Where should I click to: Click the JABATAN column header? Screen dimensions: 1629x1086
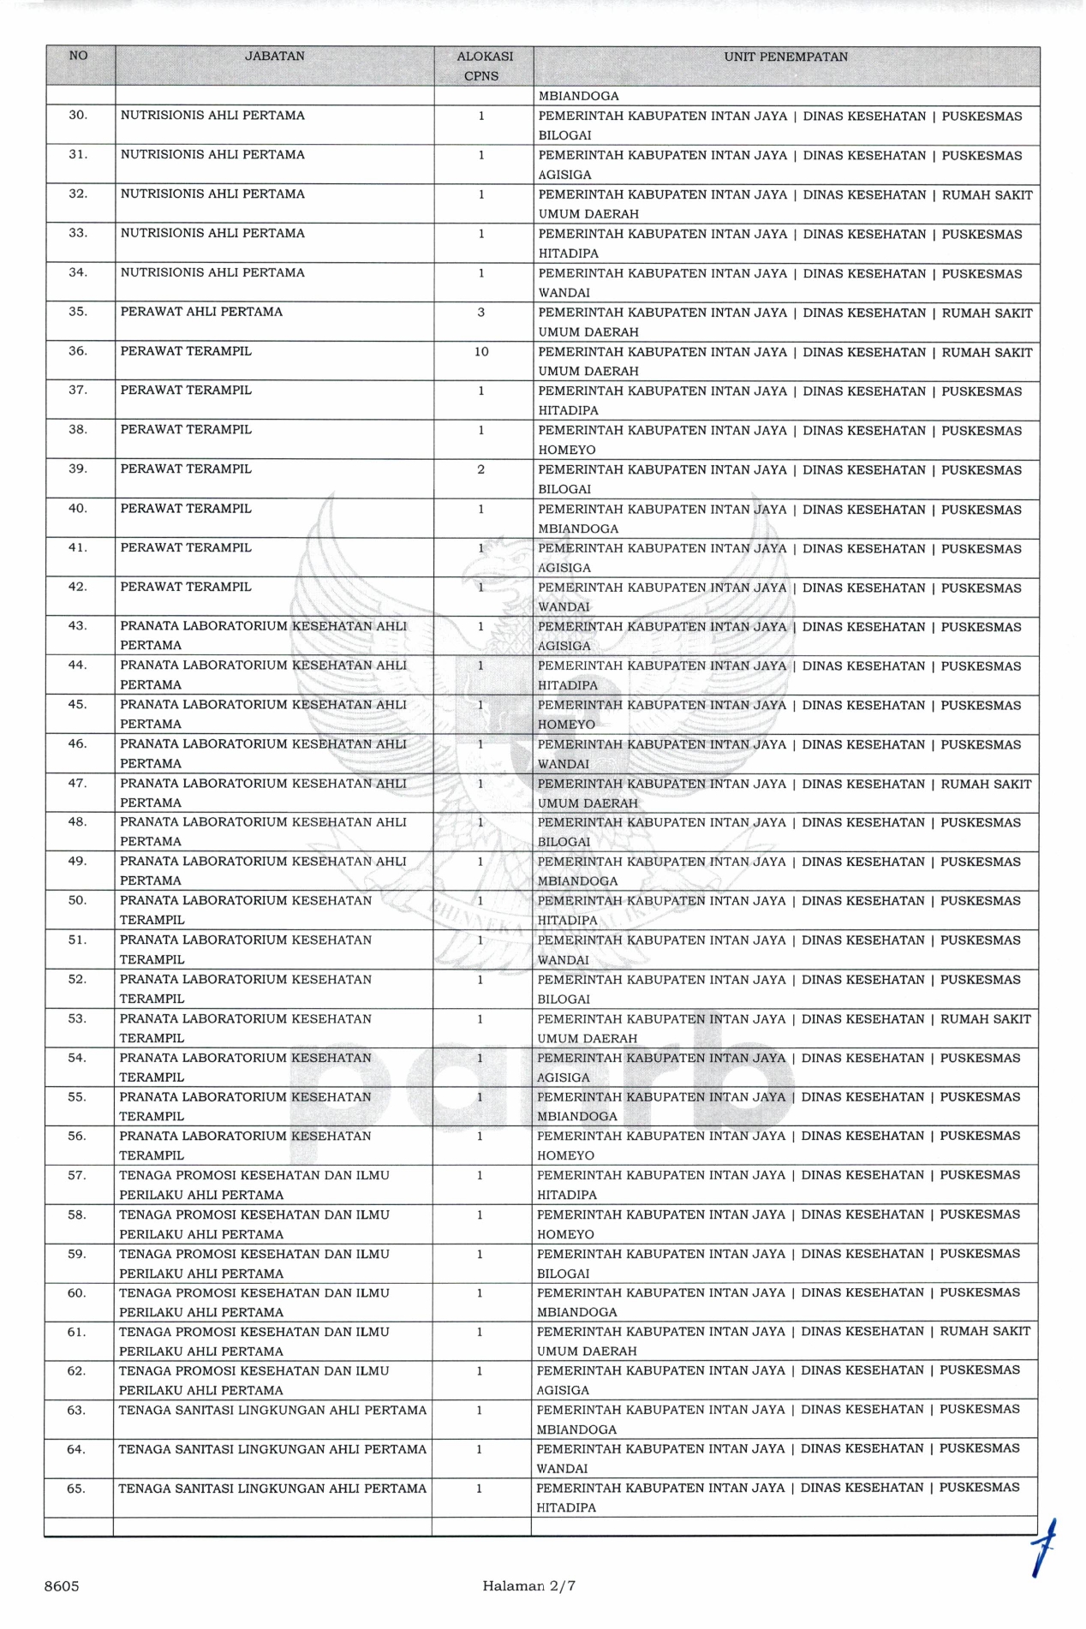click(x=274, y=57)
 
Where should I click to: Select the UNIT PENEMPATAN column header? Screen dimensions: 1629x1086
click(x=785, y=57)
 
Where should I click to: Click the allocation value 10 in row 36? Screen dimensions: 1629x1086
click(x=481, y=352)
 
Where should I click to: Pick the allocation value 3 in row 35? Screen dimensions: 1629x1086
click(x=481, y=313)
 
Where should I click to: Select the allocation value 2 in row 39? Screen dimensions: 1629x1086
click(x=480, y=469)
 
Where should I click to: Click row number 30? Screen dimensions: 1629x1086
click(x=78, y=115)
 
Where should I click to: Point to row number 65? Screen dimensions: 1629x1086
click(x=76, y=1489)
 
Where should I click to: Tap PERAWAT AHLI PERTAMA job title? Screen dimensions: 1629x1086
click(x=201, y=312)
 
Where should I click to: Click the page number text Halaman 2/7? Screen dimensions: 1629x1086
click(x=528, y=1585)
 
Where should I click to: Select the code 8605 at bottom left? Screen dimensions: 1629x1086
click(x=62, y=1586)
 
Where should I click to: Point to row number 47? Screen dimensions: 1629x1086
click(x=77, y=783)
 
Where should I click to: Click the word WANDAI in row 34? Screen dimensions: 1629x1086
click(x=564, y=293)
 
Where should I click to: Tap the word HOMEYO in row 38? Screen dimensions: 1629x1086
click(x=566, y=450)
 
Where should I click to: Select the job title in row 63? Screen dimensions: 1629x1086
click(x=271, y=1410)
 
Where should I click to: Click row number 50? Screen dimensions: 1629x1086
click(x=77, y=900)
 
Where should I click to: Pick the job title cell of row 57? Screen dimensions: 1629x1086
click(x=254, y=1184)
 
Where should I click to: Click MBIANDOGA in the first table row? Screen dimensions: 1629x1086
click(x=578, y=96)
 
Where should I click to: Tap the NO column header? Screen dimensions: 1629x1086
click(x=78, y=56)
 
